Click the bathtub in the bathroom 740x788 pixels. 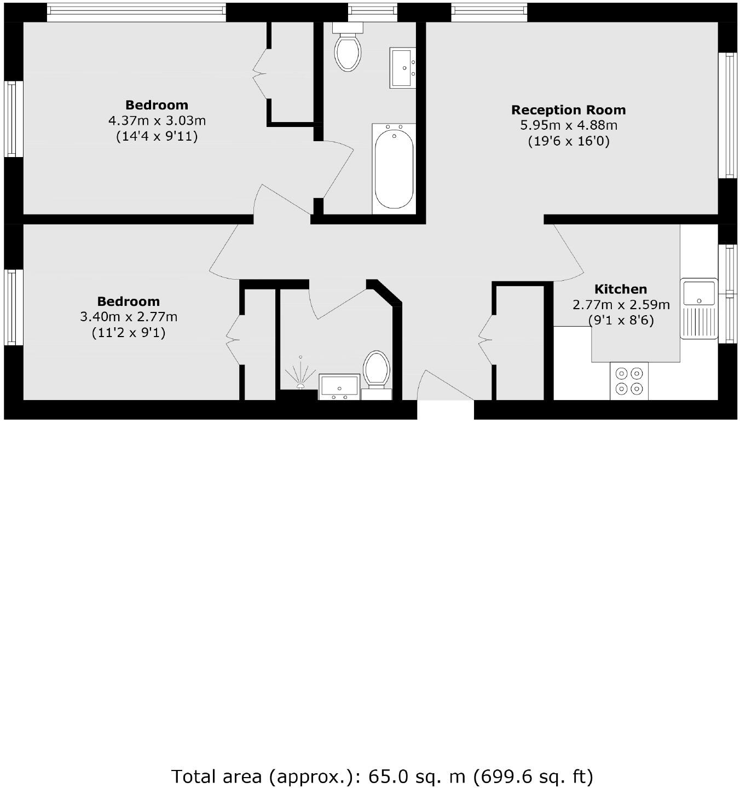[x=394, y=167]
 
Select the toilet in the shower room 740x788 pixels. [x=377, y=369]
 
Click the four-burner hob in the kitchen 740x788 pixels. [x=629, y=381]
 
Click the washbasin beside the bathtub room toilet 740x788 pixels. [x=403, y=67]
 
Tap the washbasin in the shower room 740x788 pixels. [x=339, y=386]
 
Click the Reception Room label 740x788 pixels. [x=568, y=110]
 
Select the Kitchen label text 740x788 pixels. [x=621, y=289]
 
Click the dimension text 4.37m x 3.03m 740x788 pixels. [x=157, y=120]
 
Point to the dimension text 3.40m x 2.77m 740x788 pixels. [x=129, y=317]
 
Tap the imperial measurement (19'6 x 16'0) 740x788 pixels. [x=569, y=141]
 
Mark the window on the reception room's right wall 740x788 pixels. [x=727, y=115]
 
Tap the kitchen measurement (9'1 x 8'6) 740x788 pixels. [x=621, y=320]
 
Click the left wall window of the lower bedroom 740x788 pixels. [x=14, y=307]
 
